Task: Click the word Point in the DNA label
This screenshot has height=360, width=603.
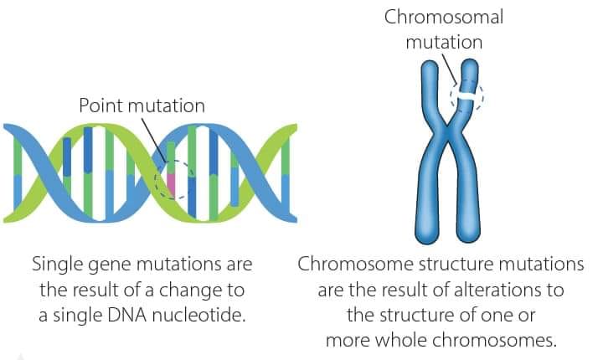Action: coord(101,105)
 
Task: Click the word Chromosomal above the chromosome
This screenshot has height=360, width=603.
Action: coord(444,18)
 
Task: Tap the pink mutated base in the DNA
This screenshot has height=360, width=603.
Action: coord(171,185)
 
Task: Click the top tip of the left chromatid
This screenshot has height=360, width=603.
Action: coord(429,62)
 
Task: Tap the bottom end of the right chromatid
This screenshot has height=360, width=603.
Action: coord(468,240)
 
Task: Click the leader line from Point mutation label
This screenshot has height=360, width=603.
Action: coord(155,140)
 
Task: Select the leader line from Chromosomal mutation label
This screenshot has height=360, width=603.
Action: coord(450,68)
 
